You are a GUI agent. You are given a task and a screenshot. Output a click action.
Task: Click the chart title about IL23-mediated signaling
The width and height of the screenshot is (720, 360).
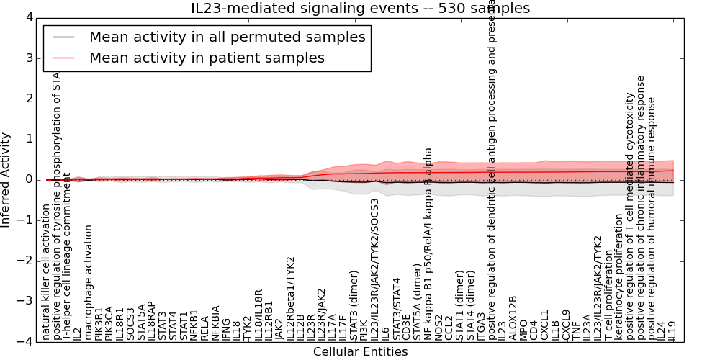(x=360, y=9)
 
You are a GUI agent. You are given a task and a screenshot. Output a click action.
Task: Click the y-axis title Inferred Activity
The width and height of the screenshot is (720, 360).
(x=6, y=179)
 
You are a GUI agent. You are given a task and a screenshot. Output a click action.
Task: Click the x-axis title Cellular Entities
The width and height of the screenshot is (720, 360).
(x=360, y=352)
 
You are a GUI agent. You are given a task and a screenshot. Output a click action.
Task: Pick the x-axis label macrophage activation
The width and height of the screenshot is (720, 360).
(x=89, y=282)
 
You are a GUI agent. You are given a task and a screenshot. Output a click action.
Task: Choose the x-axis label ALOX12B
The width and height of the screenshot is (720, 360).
(x=513, y=318)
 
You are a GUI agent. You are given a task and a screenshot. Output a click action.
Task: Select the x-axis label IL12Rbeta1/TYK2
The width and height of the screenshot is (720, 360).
(x=291, y=298)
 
